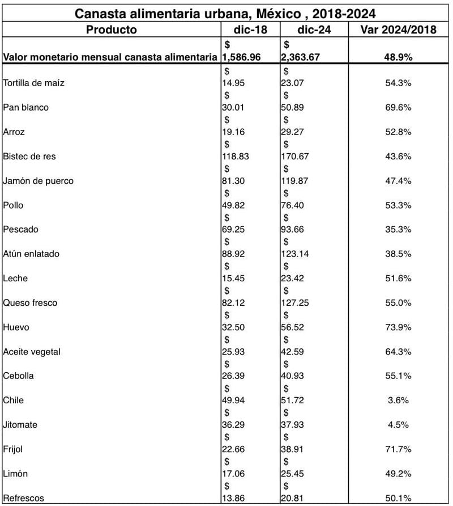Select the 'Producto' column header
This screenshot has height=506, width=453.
[111, 29]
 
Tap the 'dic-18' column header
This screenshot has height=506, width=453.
[249, 29]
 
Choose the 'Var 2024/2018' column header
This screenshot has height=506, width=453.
[398, 29]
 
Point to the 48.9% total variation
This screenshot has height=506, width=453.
[398, 57]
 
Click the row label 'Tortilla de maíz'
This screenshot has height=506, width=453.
[33, 83]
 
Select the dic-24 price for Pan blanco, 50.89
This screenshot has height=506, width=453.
[293, 108]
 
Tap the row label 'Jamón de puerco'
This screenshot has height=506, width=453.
[38, 181]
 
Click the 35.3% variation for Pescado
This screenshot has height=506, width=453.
[398, 230]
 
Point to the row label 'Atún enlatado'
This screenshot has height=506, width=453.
[31, 254]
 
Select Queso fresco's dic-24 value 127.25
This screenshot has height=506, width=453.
[296, 303]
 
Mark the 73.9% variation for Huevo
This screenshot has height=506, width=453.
[398, 327]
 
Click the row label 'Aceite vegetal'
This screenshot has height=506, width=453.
[32, 352]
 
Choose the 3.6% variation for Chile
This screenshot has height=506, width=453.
[398, 400]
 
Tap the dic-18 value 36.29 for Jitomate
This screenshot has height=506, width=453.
[234, 425]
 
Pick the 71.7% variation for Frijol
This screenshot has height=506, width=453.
[398, 449]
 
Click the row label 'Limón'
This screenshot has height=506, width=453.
[15, 474]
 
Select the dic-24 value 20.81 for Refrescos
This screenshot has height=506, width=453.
[293, 498]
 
